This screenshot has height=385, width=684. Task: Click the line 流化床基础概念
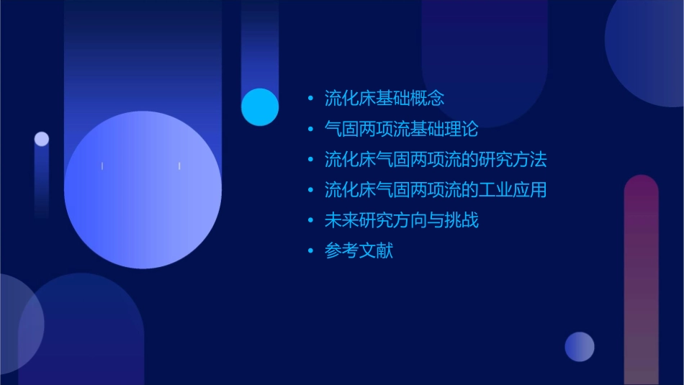(x=384, y=98)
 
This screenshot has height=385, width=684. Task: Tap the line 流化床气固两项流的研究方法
(x=436, y=159)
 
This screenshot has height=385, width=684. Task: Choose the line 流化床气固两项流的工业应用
(x=436, y=190)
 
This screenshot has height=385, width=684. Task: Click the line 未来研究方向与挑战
(x=401, y=220)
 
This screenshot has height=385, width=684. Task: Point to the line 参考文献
(x=359, y=251)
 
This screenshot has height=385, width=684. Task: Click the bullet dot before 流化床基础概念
(x=310, y=99)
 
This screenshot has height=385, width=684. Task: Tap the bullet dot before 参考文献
(x=310, y=252)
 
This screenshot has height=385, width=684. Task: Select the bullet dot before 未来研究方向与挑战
(x=310, y=221)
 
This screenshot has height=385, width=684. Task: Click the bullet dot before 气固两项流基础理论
(x=310, y=130)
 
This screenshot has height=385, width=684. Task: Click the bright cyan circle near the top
(x=260, y=107)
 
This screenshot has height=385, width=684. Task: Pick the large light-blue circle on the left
(x=143, y=190)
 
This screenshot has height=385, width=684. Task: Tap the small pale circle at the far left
(x=42, y=139)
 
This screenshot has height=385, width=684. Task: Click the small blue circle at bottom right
(x=580, y=346)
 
